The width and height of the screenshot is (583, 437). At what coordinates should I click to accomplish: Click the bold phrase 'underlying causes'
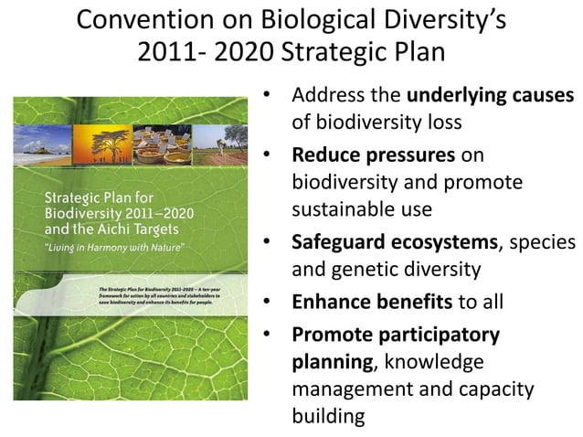pyautogui.click(x=491, y=96)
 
